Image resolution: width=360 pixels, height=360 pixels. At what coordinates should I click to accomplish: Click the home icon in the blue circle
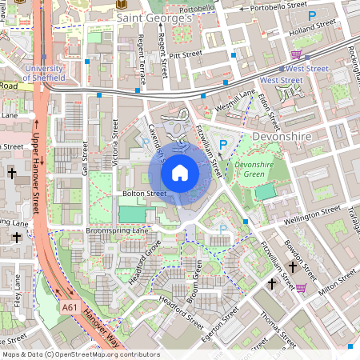click(180, 172)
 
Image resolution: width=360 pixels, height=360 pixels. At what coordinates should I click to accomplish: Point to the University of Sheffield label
click(54, 73)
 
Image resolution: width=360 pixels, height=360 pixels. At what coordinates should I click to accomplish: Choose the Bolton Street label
click(144, 194)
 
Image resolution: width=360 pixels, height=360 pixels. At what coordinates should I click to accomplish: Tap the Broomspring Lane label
click(118, 230)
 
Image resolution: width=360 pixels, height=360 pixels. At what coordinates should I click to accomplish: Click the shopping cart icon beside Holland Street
click(296, 54)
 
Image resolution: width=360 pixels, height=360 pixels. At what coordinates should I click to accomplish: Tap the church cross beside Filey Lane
click(18, 237)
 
